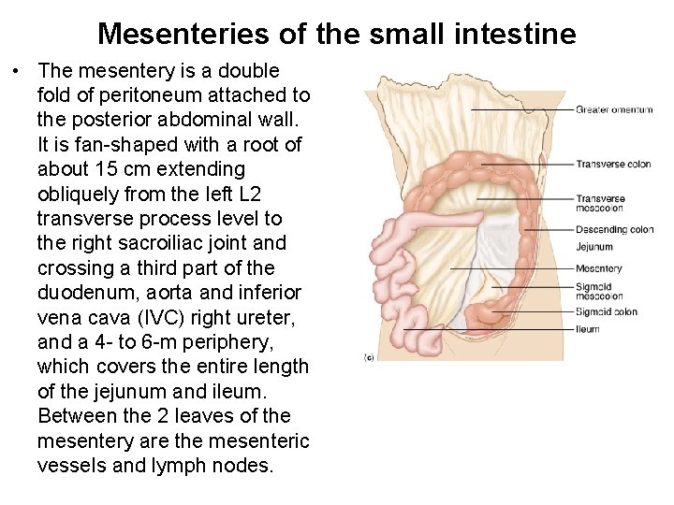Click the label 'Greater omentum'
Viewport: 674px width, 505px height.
tap(614, 110)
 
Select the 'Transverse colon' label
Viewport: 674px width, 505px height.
tap(613, 165)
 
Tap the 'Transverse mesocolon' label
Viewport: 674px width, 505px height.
tap(600, 203)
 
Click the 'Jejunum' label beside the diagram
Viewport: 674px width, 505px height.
tap(594, 248)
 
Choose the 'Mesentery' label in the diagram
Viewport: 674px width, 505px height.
tap(599, 269)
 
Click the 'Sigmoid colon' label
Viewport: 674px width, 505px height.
tap(607, 311)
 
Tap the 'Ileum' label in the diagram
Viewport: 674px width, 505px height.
tap(588, 329)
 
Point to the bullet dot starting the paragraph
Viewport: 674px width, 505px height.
tap(17, 72)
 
